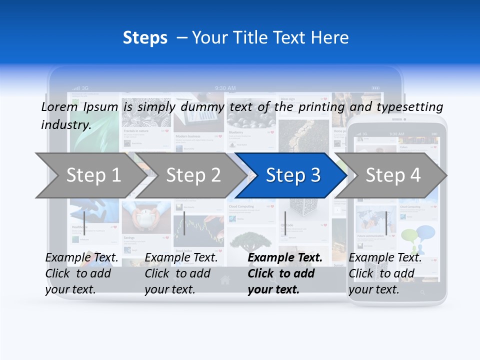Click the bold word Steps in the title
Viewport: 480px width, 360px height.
(x=145, y=38)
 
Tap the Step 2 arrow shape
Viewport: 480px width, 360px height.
(x=193, y=175)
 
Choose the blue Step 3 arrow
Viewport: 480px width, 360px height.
(x=292, y=175)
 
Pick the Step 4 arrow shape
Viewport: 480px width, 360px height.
(x=392, y=175)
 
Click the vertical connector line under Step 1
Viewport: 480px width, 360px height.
(x=84, y=223)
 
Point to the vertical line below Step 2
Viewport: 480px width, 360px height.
(x=184, y=223)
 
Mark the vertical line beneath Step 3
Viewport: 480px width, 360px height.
(x=285, y=223)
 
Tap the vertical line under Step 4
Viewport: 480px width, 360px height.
(x=386, y=223)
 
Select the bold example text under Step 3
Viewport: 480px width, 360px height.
(x=284, y=273)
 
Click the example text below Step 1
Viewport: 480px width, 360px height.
(x=81, y=273)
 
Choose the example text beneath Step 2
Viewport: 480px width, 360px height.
(x=181, y=273)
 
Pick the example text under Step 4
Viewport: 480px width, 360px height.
(x=385, y=273)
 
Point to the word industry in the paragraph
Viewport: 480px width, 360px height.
(x=66, y=125)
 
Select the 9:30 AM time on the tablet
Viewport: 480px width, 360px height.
(x=225, y=88)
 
